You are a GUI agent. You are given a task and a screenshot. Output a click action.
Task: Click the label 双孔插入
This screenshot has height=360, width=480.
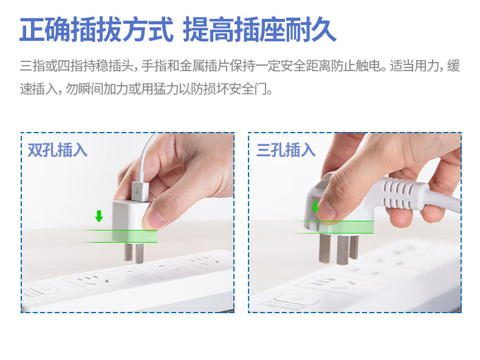pyautogui.click(x=58, y=150)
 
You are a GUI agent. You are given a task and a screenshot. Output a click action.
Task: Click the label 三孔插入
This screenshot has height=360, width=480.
pyautogui.click(x=286, y=150)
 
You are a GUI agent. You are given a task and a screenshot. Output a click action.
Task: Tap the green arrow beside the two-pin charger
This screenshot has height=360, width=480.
pyautogui.click(x=99, y=216)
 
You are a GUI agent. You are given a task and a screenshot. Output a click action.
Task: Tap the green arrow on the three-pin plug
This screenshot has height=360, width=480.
pyautogui.click(x=315, y=207)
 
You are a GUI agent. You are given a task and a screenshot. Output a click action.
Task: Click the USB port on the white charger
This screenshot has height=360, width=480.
pyautogui.click(x=140, y=192)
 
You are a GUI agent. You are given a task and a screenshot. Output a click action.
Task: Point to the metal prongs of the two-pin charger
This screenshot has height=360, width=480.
pyautogui.click(x=134, y=253)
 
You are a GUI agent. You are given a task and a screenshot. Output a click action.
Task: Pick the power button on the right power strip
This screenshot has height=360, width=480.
pyautogui.click(x=297, y=299)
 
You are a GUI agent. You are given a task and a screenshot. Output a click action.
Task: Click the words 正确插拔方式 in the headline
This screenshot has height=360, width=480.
pyautogui.click(x=97, y=30)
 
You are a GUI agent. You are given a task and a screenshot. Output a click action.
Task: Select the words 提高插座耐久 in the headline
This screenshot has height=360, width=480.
pyautogui.click(x=259, y=30)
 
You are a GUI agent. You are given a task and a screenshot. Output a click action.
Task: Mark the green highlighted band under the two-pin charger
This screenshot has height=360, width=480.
pyautogui.click(x=119, y=236)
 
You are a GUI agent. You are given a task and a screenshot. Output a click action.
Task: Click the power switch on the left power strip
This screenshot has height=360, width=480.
pyautogui.click(x=44, y=289)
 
